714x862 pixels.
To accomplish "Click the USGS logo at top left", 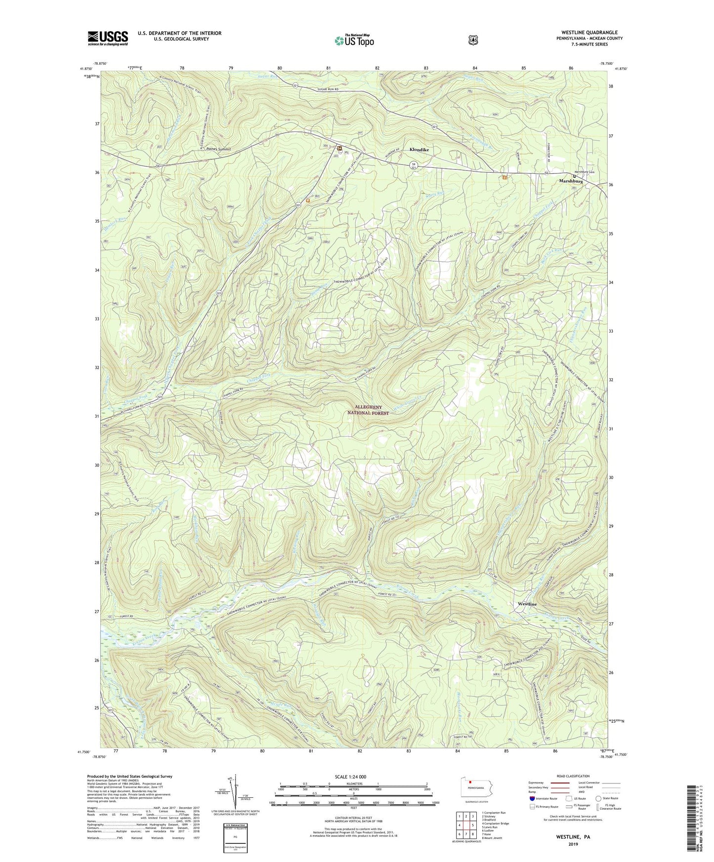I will click(x=108, y=38).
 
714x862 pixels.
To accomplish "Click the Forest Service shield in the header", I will click(x=473, y=40).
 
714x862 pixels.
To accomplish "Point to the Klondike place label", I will click(x=419, y=150).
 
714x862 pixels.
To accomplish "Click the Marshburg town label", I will click(x=571, y=182).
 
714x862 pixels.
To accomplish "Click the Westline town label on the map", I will click(x=527, y=604).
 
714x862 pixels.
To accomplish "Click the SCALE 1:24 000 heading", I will click(x=350, y=777).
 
